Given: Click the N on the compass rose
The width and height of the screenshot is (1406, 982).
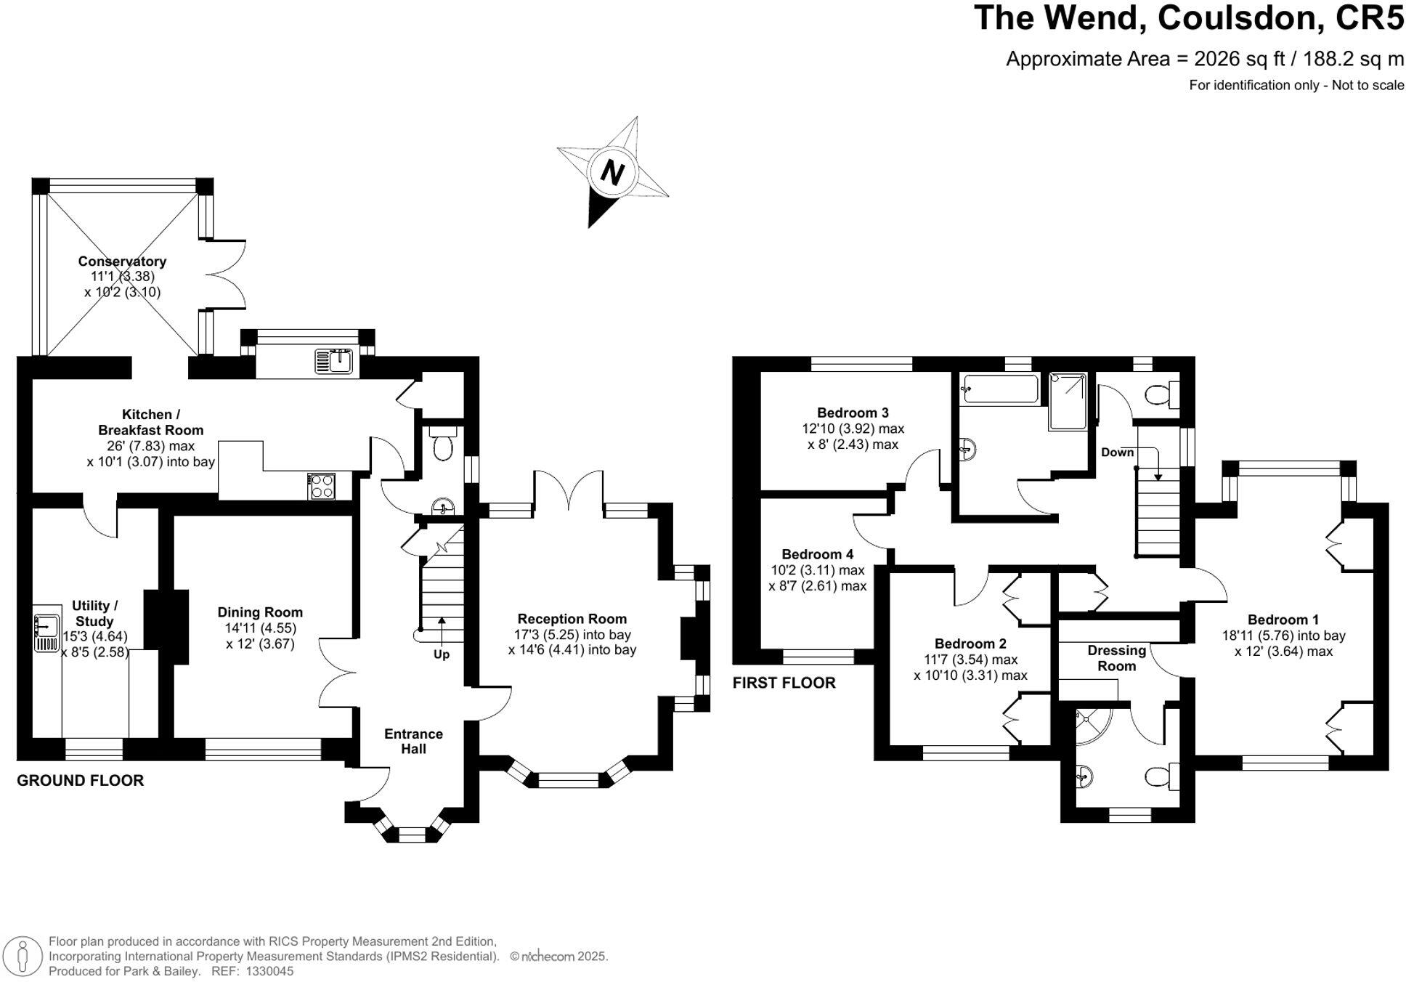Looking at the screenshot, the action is (613, 173).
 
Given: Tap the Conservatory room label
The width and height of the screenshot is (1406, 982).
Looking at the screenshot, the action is (122, 261).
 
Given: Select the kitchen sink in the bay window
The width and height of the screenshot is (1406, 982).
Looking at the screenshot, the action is (333, 361).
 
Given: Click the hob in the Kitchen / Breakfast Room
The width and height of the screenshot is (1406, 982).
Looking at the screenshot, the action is (320, 485).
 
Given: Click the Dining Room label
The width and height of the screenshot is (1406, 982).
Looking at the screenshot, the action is (260, 612).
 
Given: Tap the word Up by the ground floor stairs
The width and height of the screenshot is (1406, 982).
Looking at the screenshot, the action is (442, 654).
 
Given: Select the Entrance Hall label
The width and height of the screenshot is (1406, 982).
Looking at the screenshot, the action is (413, 741).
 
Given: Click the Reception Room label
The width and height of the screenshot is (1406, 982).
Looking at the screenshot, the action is (572, 619).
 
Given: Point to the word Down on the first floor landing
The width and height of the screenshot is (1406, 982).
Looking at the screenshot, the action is (1117, 453).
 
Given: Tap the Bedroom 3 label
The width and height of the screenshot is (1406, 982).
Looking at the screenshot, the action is (853, 413).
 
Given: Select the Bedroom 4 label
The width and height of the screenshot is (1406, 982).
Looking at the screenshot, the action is (817, 554).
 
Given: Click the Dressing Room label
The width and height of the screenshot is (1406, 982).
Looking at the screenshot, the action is (1116, 658).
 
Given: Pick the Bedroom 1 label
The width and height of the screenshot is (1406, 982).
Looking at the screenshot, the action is (1283, 620).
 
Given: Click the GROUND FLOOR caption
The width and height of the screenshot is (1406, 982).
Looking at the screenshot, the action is (80, 781).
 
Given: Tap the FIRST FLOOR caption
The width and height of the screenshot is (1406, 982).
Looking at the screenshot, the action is (784, 683).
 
